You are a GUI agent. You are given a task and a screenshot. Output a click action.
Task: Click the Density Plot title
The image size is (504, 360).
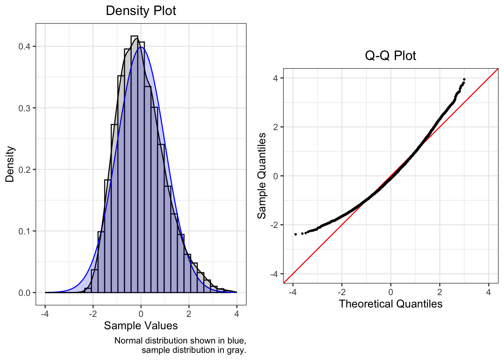pyautogui.click(x=141, y=10)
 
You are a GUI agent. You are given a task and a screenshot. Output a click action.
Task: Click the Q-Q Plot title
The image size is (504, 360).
pyautogui.click(x=390, y=55)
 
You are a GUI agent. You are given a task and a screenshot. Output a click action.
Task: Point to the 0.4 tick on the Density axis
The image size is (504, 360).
pyautogui.click(x=25, y=46)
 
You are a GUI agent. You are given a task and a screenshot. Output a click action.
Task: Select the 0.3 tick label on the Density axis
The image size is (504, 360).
pyautogui.click(x=25, y=108)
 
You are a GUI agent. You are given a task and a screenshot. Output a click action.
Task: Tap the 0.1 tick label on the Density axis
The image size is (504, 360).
pyautogui.click(x=25, y=231)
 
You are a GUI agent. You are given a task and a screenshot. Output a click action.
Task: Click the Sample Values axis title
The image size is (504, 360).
pyautogui.click(x=141, y=325)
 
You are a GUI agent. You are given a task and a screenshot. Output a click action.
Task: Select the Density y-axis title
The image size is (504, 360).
pyautogui.click(x=10, y=164)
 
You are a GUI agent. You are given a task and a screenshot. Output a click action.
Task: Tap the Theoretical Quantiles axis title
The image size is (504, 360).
pyautogui.click(x=390, y=304)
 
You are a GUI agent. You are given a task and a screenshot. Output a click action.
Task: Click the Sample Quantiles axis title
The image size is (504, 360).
pyautogui.click(x=262, y=175)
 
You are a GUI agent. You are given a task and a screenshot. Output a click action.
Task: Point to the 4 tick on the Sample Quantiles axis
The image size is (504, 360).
pyautogui.click(x=276, y=78)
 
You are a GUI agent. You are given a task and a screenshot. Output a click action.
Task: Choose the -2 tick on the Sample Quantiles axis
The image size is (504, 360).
pyautogui.click(x=274, y=225)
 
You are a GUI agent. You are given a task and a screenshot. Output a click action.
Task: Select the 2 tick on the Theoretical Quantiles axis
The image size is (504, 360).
pyautogui.click(x=439, y=292)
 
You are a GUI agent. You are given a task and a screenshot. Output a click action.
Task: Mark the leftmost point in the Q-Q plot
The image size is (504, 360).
pyautogui.click(x=295, y=234)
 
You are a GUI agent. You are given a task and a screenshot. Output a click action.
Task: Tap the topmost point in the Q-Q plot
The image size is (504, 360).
pyautogui.click(x=464, y=79)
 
